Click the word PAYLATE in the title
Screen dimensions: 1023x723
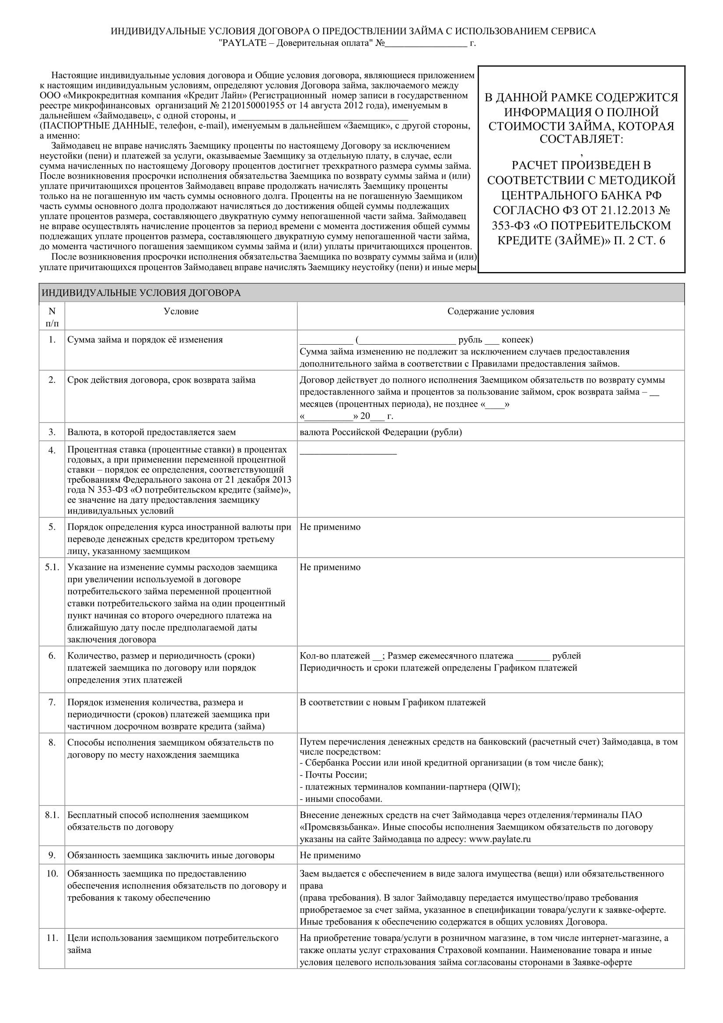[244, 43]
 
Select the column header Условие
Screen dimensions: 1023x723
[181, 311]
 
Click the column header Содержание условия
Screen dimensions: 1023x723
[490, 311]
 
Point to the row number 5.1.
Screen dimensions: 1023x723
[52, 567]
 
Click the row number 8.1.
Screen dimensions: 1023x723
[52, 815]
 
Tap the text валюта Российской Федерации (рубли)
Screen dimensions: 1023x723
[381, 432]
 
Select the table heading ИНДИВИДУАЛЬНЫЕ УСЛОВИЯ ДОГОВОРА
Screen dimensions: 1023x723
[141, 293]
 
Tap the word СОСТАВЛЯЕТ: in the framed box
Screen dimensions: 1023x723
[581, 139]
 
